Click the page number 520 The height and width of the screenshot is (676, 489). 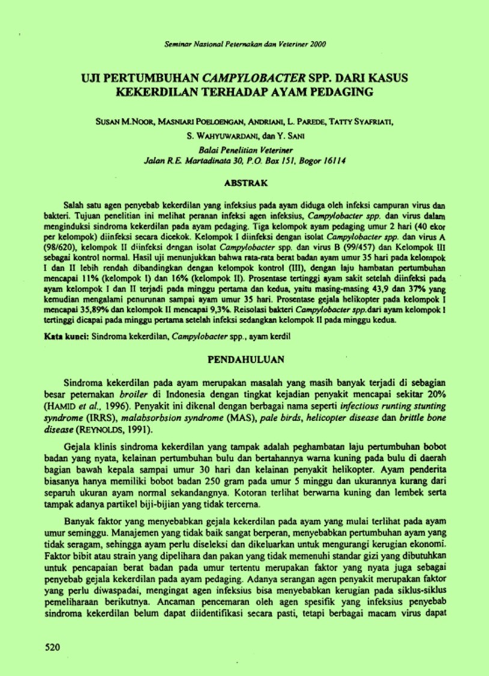pyautogui.click(x=53, y=647)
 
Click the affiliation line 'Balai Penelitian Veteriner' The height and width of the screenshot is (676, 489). pyautogui.click(x=244, y=152)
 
